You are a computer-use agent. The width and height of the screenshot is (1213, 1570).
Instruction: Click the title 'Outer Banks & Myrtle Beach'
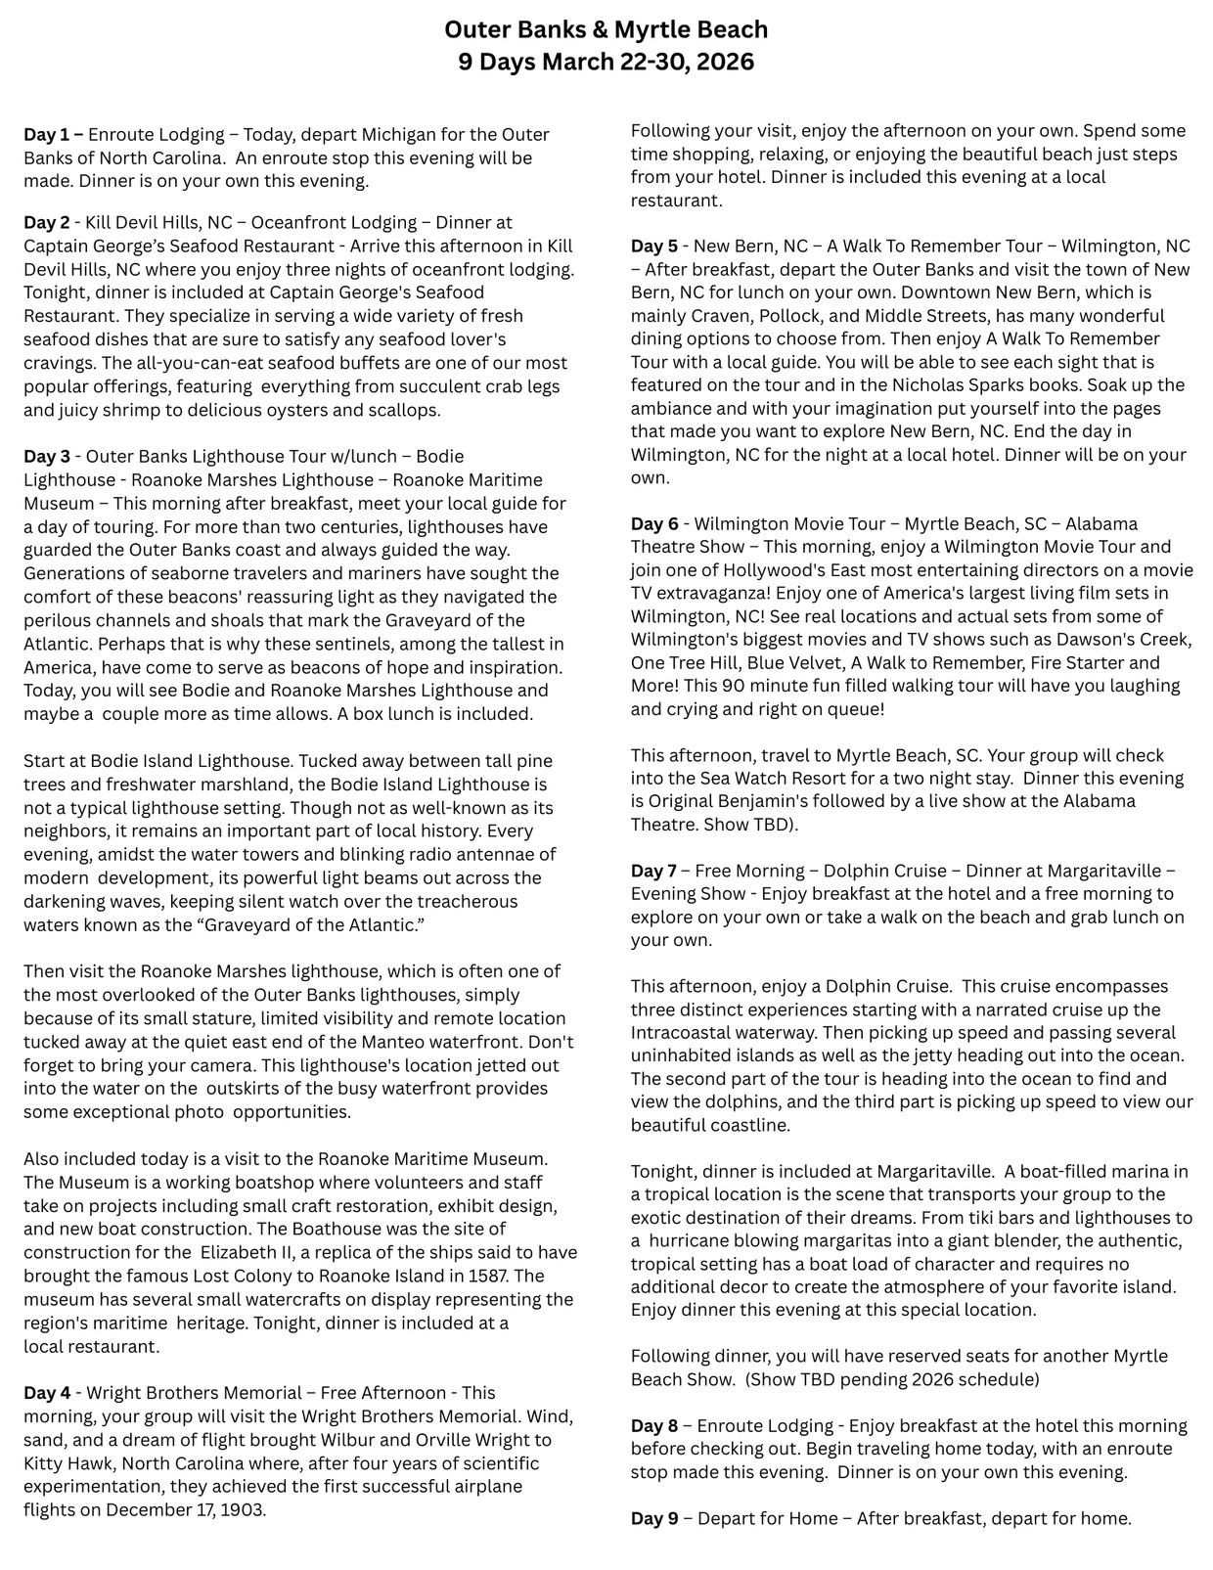pos(606,30)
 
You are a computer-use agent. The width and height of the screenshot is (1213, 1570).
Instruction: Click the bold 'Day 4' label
pos(48,1393)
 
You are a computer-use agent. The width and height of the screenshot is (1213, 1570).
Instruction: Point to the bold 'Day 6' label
pos(654,523)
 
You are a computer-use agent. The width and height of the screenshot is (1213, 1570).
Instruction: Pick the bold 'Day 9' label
pos(654,1518)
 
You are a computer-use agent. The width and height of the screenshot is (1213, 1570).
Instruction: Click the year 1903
pos(242,1509)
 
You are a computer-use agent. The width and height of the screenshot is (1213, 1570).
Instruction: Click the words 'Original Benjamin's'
pos(724,801)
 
